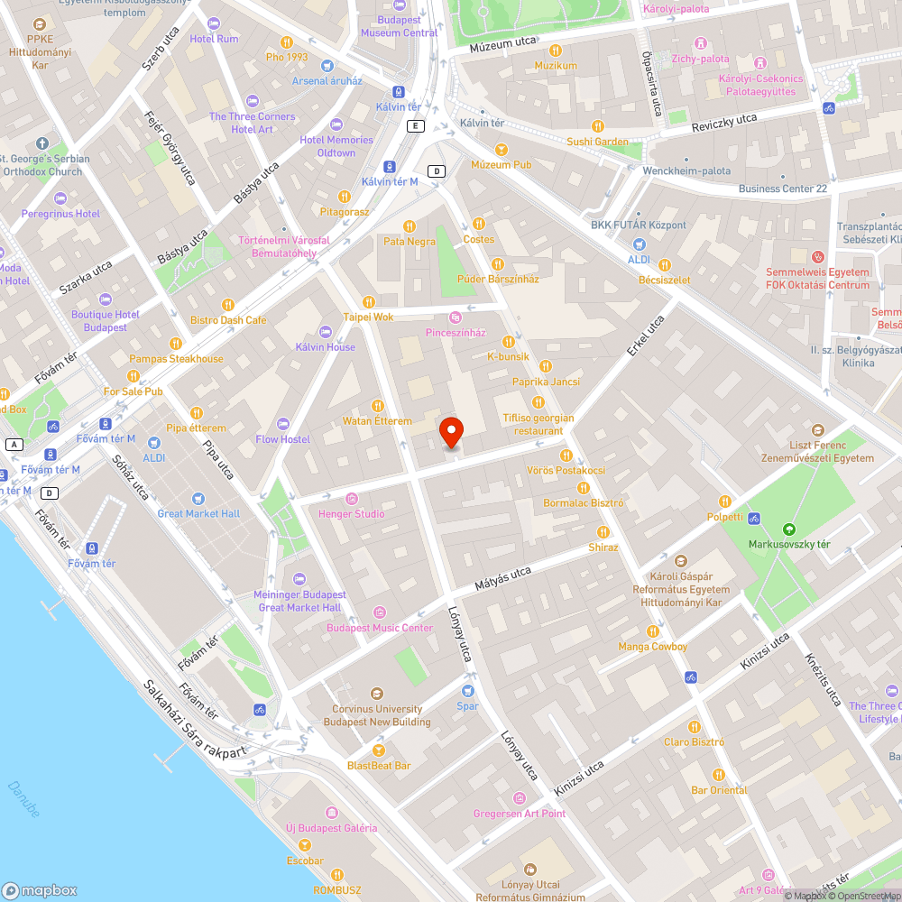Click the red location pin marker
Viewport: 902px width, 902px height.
click(452, 433)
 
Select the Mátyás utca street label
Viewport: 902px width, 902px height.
click(503, 578)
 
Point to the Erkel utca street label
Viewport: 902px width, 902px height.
click(646, 335)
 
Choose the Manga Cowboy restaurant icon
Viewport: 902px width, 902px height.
click(653, 631)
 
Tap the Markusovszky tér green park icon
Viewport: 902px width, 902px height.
click(789, 529)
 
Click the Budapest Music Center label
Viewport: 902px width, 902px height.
click(380, 628)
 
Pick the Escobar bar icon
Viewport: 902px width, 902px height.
click(304, 845)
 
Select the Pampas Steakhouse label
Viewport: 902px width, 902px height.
click(176, 359)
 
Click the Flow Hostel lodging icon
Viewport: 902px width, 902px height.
click(283, 424)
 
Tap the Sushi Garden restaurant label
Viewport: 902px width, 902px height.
click(597, 142)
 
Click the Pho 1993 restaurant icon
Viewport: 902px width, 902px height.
click(287, 41)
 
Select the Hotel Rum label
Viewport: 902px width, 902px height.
click(214, 39)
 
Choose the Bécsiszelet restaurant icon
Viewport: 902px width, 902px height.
click(665, 265)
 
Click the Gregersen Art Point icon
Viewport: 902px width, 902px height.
click(519, 798)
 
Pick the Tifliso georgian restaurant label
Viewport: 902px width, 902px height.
click(538, 424)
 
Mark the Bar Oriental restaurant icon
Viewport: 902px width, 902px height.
click(719, 774)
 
